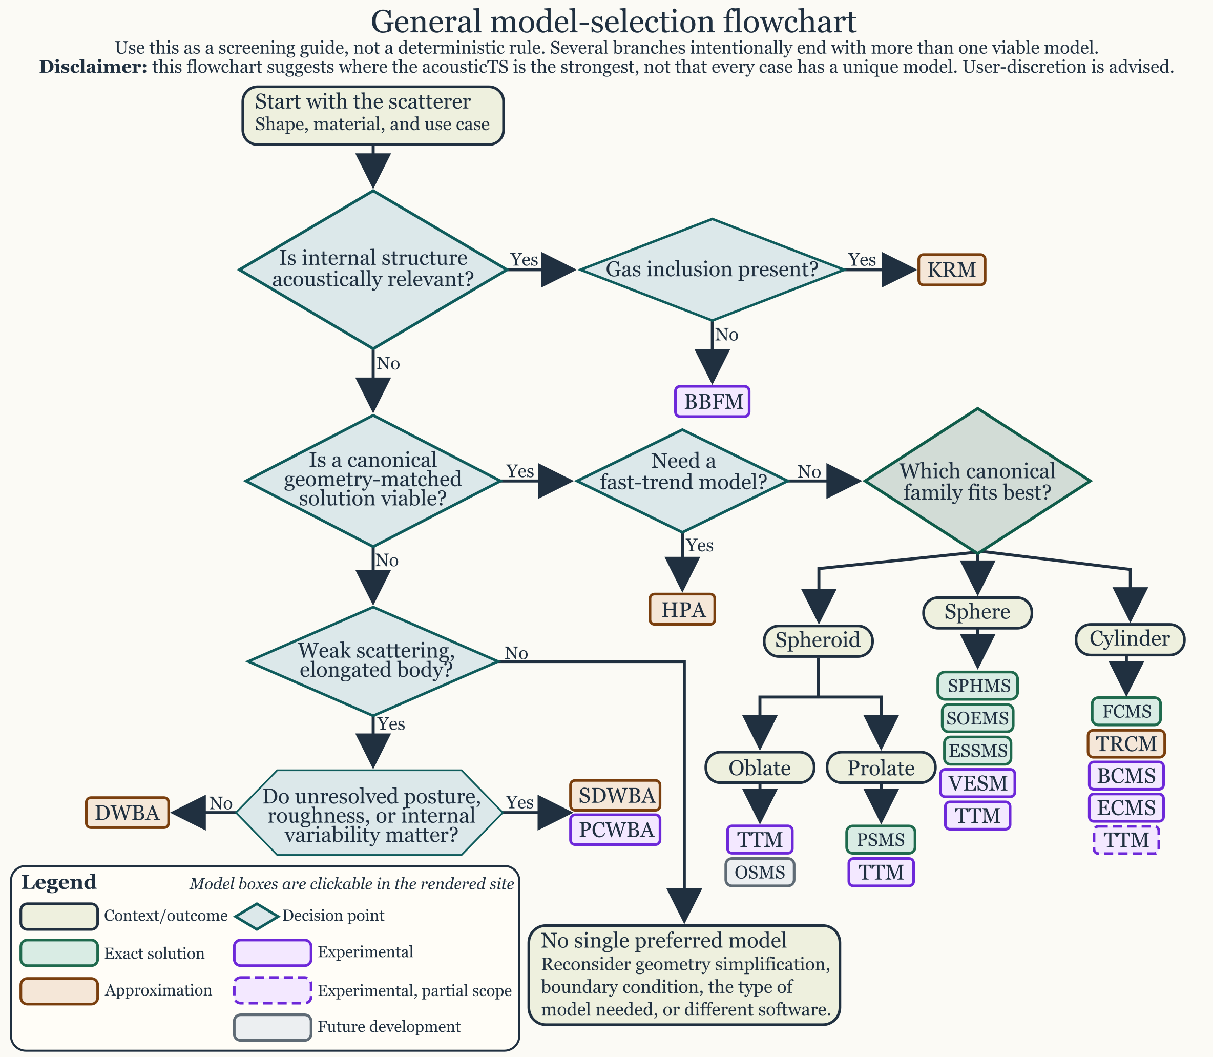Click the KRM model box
coord(951,270)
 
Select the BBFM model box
coord(713,402)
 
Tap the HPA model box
coord(682,609)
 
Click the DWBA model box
coord(128,813)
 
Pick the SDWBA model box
coord(615,796)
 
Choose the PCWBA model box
coord(615,830)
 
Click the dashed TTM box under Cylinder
coord(1126,840)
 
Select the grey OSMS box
coord(760,872)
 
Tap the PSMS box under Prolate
coord(881,839)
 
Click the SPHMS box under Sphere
coord(978,686)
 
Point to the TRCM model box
coord(1126,744)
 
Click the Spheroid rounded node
coord(818,640)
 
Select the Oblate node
coord(760,768)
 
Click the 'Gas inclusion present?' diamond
coord(712,270)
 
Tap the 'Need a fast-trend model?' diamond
coord(682,481)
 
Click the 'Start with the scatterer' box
coord(373,116)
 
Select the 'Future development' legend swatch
coord(273,1027)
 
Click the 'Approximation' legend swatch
coord(59,990)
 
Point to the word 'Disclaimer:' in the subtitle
coord(93,67)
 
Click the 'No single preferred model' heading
coord(663,940)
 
